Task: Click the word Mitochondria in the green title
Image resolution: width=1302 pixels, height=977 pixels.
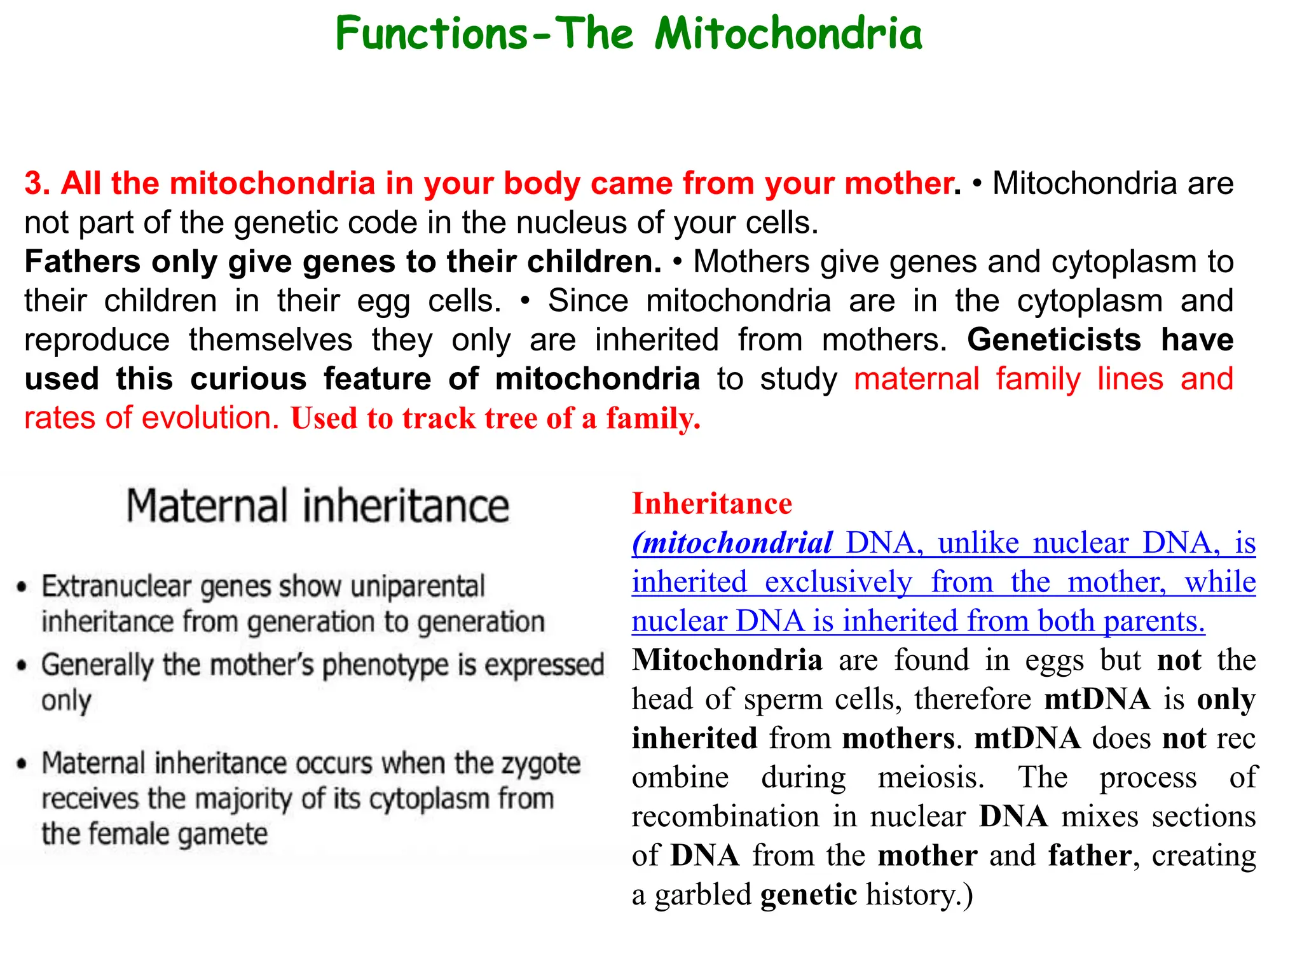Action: pyautogui.click(x=788, y=34)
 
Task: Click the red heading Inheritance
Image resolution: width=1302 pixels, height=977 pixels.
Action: pyautogui.click(x=711, y=504)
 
